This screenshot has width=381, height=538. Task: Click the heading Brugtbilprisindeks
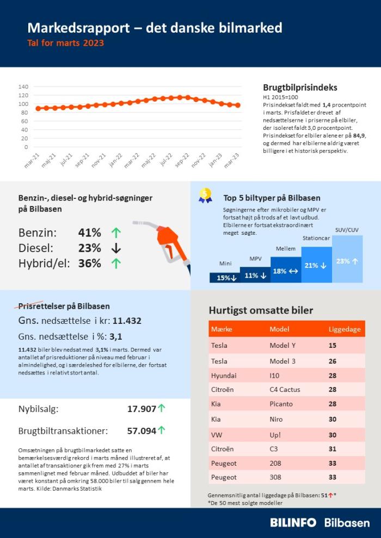pyautogui.click(x=300, y=87)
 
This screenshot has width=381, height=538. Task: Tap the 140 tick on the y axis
pyautogui.click(x=23, y=86)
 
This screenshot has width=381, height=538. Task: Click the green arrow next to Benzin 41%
pyautogui.click(x=116, y=233)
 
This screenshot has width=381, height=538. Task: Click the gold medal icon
pyautogui.click(x=205, y=196)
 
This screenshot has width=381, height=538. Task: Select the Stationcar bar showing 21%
pyautogui.click(x=316, y=264)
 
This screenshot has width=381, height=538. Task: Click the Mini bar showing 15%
pyautogui.click(x=225, y=277)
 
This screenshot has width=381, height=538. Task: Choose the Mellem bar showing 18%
pyautogui.click(x=286, y=270)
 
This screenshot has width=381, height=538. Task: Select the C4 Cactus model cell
pyautogui.click(x=285, y=390)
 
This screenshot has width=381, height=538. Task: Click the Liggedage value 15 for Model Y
pyautogui.click(x=332, y=346)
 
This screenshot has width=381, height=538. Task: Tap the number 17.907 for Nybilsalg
pyautogui.click(x=142, y=409)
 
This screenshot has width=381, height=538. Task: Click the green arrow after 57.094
pyautogui.click(x=162, y=430)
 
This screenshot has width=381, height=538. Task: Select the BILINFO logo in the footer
pyautogui.click(x=293, y=522)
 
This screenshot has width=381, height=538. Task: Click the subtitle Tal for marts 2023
pyautogui.click(x=65, y=43)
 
